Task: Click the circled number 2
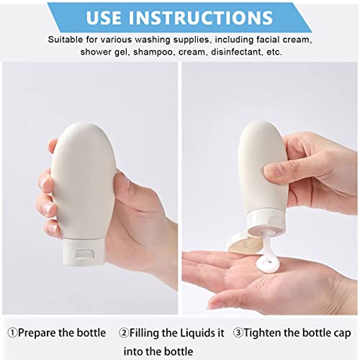tap(124, 333)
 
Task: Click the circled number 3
tap(238, 333)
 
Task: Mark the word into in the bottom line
tap(132, 351)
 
